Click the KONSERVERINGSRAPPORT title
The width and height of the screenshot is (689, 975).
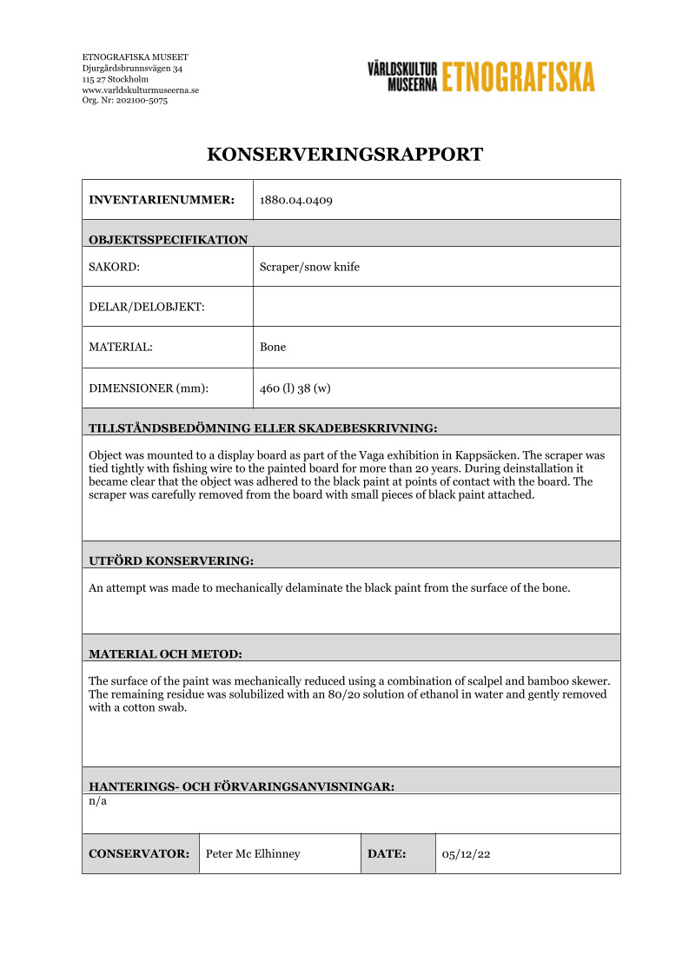coord(344,156)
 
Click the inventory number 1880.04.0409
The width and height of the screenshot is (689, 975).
coord(296,201)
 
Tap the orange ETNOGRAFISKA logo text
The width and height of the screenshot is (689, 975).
coord(518,76)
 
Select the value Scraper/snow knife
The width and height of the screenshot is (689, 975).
coord(309,267)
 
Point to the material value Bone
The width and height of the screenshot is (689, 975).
coord(273,347)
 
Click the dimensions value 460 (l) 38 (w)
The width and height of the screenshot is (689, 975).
coord(295,388)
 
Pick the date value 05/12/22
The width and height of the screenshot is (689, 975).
coord(467,854)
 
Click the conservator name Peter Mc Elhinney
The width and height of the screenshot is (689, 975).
coord(253,854)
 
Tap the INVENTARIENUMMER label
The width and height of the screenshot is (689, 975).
coord(162,201)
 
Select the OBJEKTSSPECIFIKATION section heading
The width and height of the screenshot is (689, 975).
coord(168,240)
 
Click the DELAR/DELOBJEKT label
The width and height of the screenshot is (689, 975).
coord(147,307)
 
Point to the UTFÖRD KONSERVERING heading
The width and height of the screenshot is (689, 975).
coord(171,561)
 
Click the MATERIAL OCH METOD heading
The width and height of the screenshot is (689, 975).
coord(165,653)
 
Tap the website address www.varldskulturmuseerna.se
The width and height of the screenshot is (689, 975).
coord(141,90)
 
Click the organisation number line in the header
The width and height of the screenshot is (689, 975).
coord(124,101)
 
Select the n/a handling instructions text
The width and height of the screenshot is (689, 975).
coord(97,801)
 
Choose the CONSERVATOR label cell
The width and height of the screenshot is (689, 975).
coord(139,854)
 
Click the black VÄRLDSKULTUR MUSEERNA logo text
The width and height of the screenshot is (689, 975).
coord(401,76)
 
